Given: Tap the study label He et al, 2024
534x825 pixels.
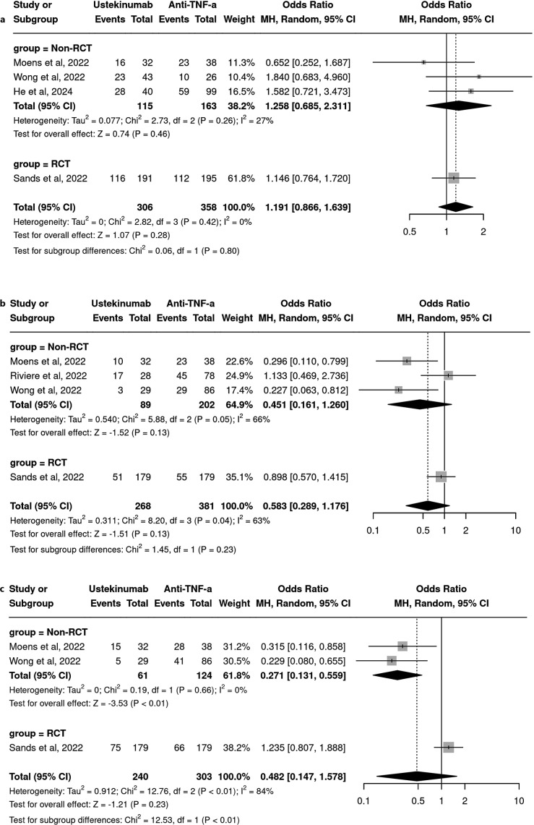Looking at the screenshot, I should tap(38, 90).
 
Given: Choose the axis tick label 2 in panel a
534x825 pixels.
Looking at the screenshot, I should tap(483, 232).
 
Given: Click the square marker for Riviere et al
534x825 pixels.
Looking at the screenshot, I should tap(448, 375).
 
